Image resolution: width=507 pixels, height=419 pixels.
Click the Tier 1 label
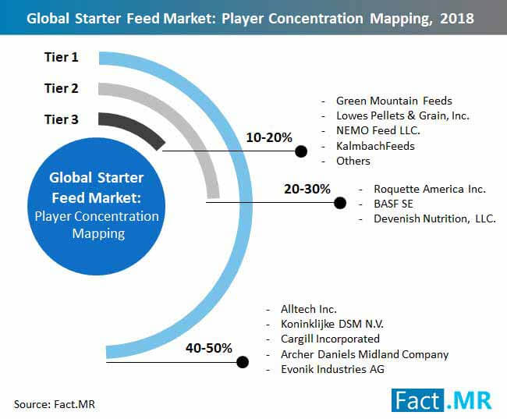62,57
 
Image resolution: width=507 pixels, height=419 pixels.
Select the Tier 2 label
62,88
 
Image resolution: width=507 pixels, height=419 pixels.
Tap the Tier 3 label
62,119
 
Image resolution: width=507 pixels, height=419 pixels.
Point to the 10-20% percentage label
269,137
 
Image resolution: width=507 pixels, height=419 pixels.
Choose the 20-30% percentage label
307,189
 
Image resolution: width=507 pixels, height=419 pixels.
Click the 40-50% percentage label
209,348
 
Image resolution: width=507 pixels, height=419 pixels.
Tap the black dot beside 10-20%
301,151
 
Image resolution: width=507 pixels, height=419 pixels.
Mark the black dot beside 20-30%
340,203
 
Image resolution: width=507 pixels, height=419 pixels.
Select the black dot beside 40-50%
243,362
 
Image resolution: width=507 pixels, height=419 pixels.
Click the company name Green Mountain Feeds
394,101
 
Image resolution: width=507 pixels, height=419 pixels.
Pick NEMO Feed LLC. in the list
378,131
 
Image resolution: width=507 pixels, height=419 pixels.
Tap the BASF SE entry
393,204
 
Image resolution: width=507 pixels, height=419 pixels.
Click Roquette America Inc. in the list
430,189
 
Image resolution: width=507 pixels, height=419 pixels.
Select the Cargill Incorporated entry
330,339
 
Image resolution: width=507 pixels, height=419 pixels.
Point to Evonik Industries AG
333,369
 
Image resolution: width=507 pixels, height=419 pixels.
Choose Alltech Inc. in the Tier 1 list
309,309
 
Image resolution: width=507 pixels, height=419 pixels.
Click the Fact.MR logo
441,400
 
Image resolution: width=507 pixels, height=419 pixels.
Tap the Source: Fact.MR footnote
55,404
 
